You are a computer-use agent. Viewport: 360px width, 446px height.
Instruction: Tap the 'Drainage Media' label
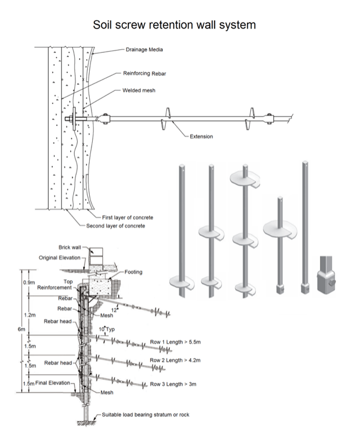144,50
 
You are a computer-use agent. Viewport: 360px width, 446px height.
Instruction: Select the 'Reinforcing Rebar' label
146,73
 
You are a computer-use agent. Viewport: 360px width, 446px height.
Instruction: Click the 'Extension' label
201,137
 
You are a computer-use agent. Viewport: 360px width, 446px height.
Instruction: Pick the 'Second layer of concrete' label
116,226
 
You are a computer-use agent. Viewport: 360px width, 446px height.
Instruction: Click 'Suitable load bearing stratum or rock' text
146,414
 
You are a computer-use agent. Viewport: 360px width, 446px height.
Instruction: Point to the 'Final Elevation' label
51,383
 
